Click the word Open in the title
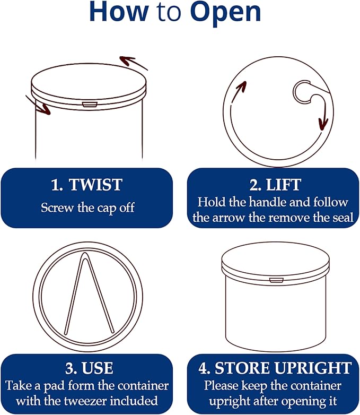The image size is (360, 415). (x=225, y=12)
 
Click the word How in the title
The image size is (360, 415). (x=119, y=11)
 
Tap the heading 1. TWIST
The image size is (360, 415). (x=86, y=185)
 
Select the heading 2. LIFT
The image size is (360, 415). (x=275, y=185)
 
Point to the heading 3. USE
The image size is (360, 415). (x=90, y=368)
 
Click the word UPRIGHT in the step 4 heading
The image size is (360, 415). (x=313, y=368)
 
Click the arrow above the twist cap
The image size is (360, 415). (x=133, y=63)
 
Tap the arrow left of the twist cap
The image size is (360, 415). (x=38, y=105)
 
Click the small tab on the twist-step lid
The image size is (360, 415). (x=89, y=105)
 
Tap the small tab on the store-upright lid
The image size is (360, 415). (x=276, y=280)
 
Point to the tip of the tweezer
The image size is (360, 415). (x=84, y=254)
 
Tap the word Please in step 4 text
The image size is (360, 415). (x=221, y=386)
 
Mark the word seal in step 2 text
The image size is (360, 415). (x=343, y=218)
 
